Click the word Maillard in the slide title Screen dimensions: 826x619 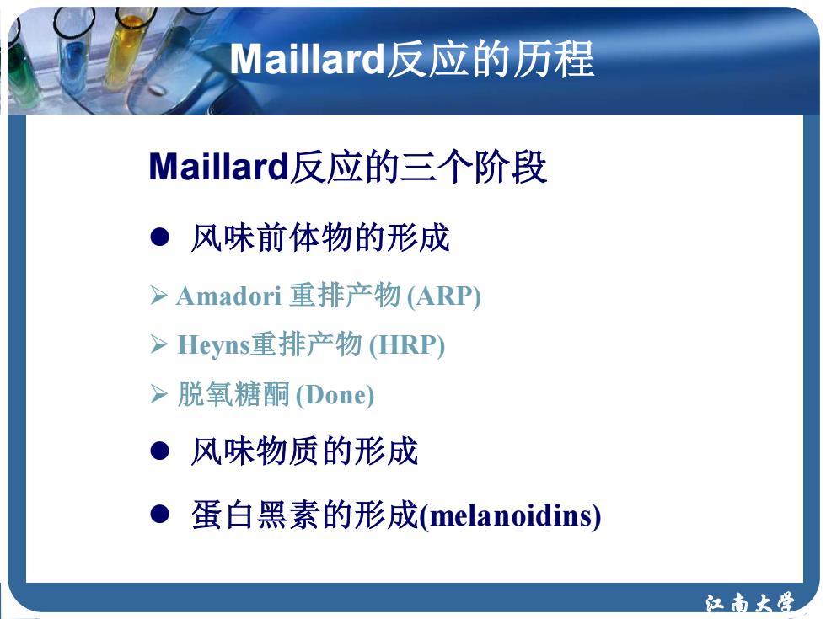308,59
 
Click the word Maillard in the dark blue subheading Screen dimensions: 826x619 218,167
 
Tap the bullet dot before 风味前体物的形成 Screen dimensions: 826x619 159,237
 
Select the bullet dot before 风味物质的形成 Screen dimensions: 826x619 159,451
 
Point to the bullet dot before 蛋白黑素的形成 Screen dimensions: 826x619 159,515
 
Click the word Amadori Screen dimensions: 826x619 228,296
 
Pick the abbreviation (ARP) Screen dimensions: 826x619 443,296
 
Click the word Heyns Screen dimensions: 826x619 213,345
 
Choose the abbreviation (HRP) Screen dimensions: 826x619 406,345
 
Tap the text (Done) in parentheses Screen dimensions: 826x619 335,395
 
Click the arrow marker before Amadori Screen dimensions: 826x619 158,296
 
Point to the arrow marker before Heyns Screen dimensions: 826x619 158,344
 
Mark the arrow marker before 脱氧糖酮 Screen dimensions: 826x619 158,394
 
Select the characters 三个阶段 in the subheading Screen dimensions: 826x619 473,167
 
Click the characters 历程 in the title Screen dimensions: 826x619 554,59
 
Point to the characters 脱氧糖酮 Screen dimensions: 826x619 233,394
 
